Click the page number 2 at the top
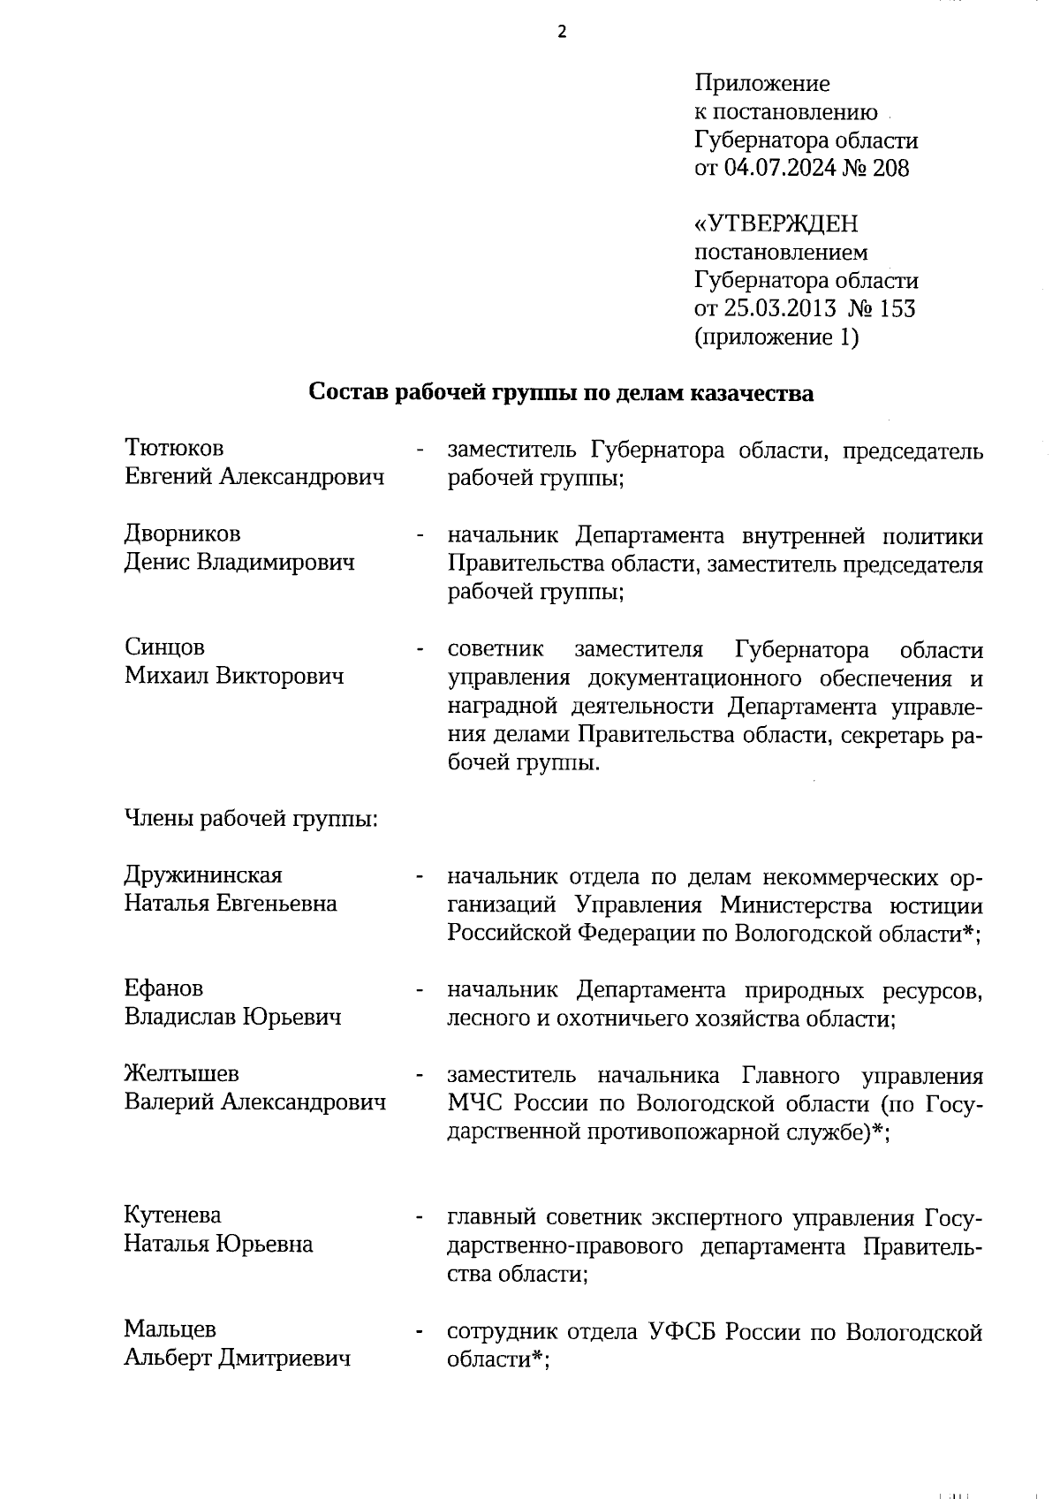coord(562,33)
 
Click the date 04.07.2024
coord(779,168)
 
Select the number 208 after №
coord(890,168)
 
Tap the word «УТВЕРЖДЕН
coord(776,224)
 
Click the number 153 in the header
coord(897,308)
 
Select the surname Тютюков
coord(174,450)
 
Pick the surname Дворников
coord(182,534)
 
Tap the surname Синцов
coord(164,647)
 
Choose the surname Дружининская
coord(203,874)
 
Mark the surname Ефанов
coord(163,988)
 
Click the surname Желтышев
coord(181,1073)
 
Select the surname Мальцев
coord(170,1329)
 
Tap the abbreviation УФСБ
coord(682,1331)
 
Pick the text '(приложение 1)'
coord(776,337)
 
